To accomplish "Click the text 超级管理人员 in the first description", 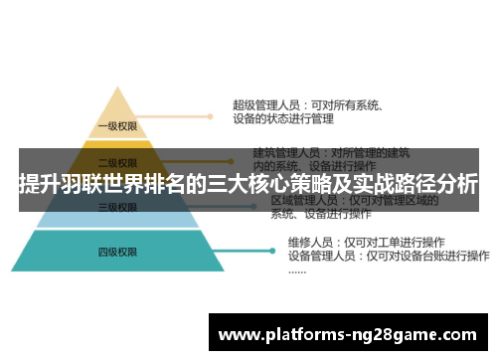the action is [261, 103].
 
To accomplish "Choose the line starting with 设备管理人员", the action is [368, 256].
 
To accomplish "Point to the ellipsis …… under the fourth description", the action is [297, 270].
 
